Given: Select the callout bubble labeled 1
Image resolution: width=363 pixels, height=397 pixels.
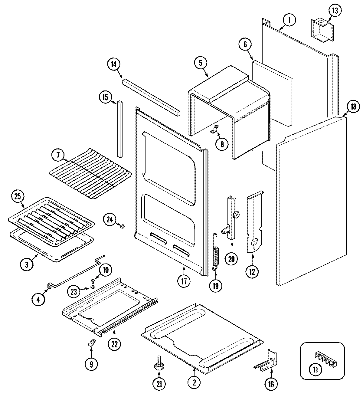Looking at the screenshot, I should click(289, 20).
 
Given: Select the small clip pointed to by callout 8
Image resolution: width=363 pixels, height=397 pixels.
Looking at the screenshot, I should click(215, 130).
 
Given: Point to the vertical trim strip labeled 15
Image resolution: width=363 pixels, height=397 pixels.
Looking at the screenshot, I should click(120, 129).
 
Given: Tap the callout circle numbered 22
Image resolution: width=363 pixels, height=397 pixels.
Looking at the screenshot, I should click(114, 344).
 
